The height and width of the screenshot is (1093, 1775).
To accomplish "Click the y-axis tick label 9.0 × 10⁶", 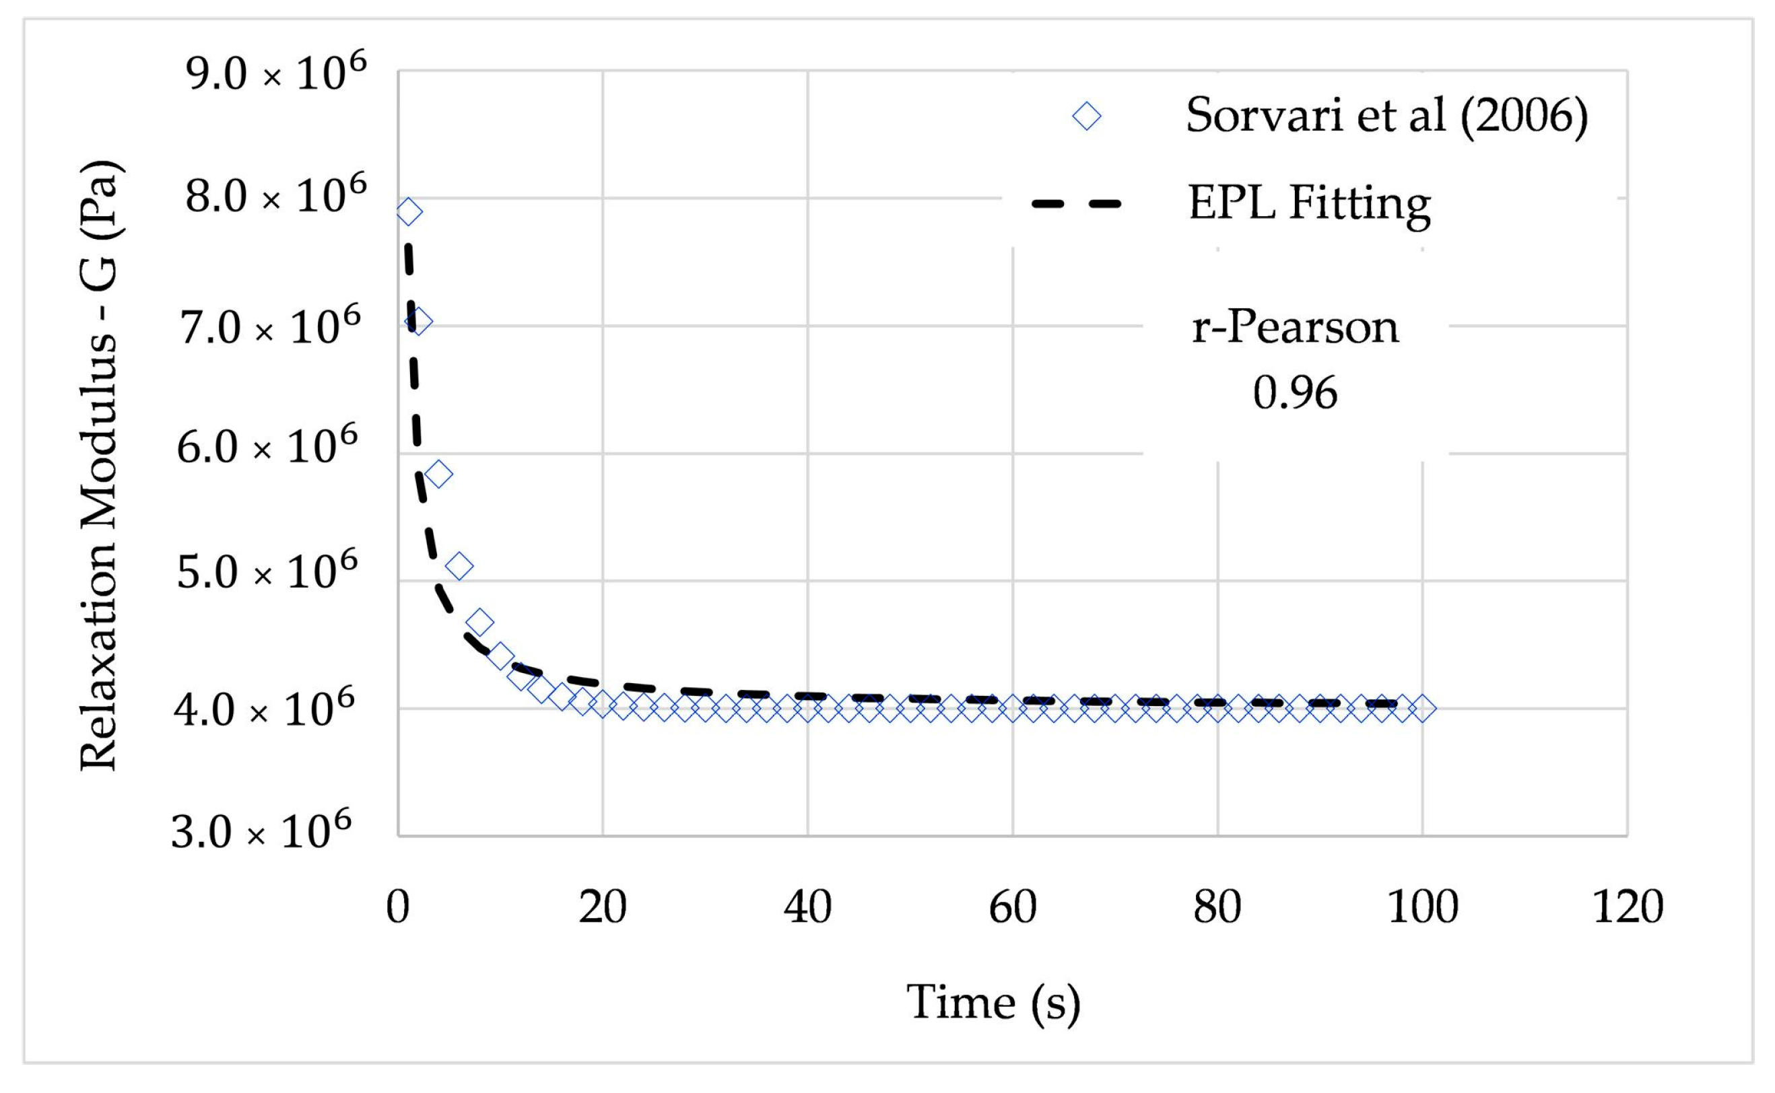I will coord(275,73).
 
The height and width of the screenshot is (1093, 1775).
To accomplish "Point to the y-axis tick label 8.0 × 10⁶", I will coord(275,196).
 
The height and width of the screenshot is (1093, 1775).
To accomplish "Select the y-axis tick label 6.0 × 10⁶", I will coord(267,446).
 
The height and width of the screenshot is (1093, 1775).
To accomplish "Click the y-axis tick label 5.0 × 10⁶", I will coord(267,572).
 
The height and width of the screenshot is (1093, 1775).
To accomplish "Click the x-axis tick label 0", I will coord(398,907).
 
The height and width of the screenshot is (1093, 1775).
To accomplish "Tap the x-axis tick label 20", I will coord(602,907).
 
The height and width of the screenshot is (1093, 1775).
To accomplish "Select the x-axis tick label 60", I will coord(1012,907).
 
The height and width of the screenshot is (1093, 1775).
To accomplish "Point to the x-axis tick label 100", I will coord(1422,907).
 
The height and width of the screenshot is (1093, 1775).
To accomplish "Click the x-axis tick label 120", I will coord(1628,907).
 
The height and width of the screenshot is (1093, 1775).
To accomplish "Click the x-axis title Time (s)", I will coord(993,1003).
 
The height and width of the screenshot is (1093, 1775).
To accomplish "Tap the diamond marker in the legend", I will coord(1086,116).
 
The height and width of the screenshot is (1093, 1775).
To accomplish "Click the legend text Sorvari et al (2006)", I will coord(1386,116).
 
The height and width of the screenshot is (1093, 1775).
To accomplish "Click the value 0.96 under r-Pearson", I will coord(1295,393).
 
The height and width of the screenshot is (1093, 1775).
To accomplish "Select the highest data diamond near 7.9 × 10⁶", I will coord(409,213).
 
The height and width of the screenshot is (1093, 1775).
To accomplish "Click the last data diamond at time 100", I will coord(1422,709).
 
